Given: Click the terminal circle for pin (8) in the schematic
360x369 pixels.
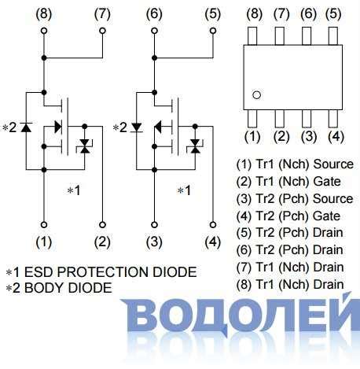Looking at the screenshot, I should pyautogui.click(x=44, y=31).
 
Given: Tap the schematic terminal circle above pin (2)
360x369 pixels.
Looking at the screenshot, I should pyautogui.click(x=102, y=223).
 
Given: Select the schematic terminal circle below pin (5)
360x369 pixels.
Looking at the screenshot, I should pyautogui.click(x=212, y=31).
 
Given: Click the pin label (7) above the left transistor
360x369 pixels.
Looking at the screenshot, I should pyautogui.click(x=102, y=13).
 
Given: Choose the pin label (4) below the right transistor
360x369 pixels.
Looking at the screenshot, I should pyautogui.click(x=212, y=242).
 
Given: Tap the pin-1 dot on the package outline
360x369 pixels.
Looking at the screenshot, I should pyautogui.click(x=255, y=95).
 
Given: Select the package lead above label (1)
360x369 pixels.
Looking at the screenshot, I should pyautogui.click(x=252, y=117).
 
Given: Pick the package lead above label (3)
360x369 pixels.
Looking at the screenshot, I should pyautogui.click(x=307, y=117).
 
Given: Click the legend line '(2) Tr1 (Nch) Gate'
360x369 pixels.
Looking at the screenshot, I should pyautogui.click(x=288, y=182).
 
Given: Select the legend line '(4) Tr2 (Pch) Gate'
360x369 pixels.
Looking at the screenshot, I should pyautogui.click(x=288, y=216).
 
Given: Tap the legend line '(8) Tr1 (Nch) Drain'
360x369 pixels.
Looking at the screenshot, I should pyautogui.click(x=290, y=284).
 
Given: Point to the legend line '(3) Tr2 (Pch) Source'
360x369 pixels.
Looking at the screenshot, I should pyautogui.click(x=295, y=199).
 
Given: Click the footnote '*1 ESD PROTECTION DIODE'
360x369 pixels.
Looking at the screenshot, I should pyautogui.click(x=101, y=272).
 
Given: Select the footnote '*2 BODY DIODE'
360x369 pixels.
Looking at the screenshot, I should pyautogui.click(x=59, y=288).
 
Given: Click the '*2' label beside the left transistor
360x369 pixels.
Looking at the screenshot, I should pyautogui.click(x=9, y=127).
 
